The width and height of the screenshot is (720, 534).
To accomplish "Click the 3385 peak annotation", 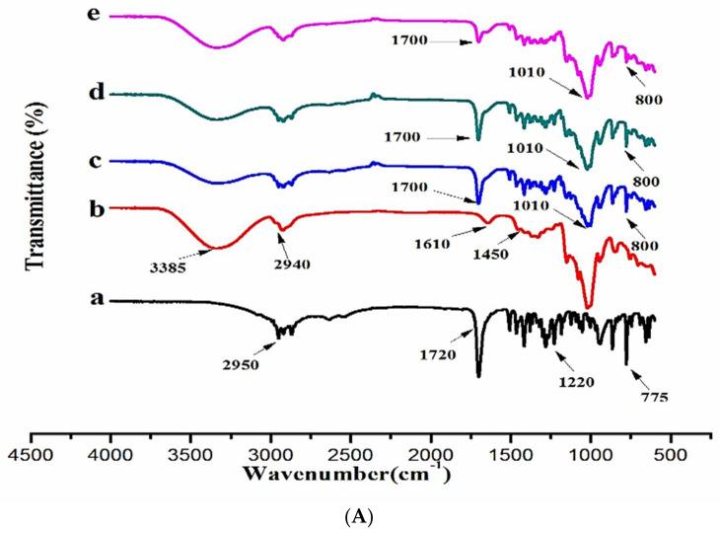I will click(173, 266).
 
